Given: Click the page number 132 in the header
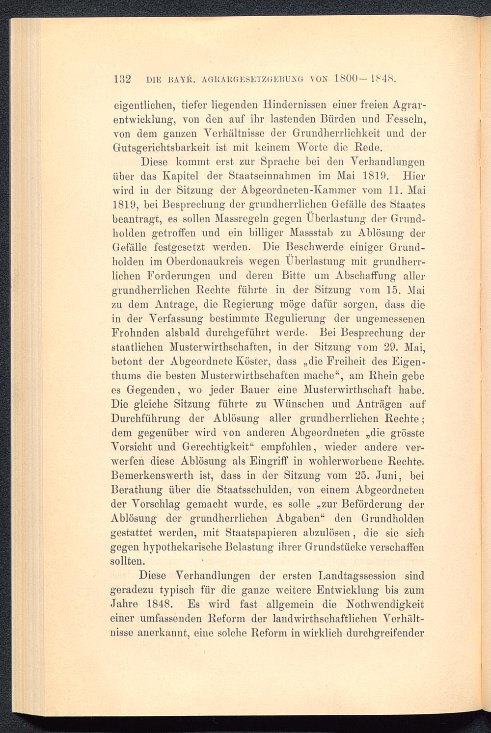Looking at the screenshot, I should click(120, 79).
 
